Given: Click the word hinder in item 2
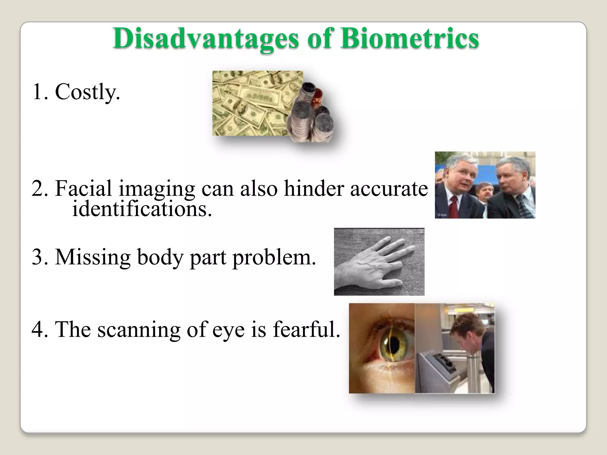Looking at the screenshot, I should pyautogui.click(x=314, y=188).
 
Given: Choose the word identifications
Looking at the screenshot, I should pyautogui.click(x=142, y=209).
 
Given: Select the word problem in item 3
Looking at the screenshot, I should pyautogui.click(x=274, y=257).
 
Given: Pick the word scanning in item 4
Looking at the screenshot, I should pyautogui.click(x=139, y=329).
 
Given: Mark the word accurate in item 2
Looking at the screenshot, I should pyautogui.click(x=389, y=188).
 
